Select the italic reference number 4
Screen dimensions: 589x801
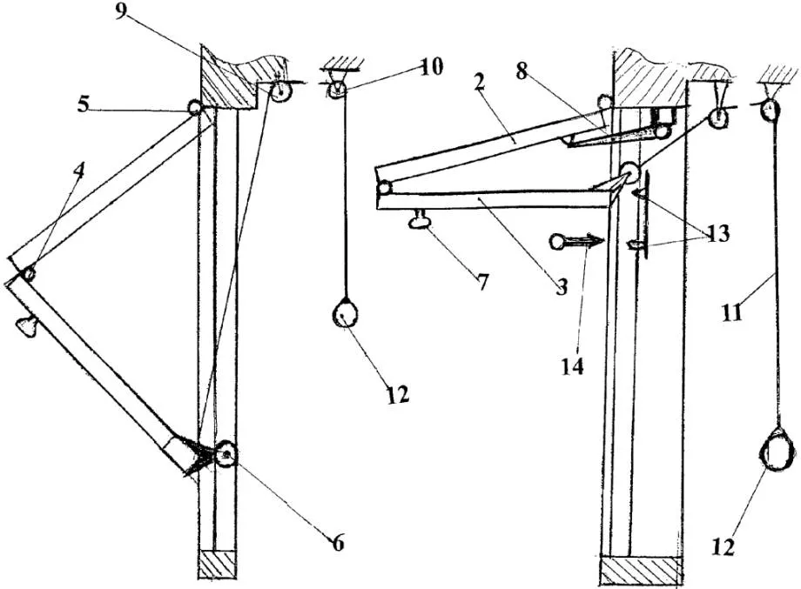[x=79, y=172]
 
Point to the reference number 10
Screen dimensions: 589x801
[x=430, y=67]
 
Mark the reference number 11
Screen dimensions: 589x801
[x=732, y=310]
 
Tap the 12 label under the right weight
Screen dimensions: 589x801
[x=726, y=547]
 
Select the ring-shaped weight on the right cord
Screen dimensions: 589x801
[x=777, y=452]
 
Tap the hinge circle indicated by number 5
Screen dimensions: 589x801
[x=195, y=108]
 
